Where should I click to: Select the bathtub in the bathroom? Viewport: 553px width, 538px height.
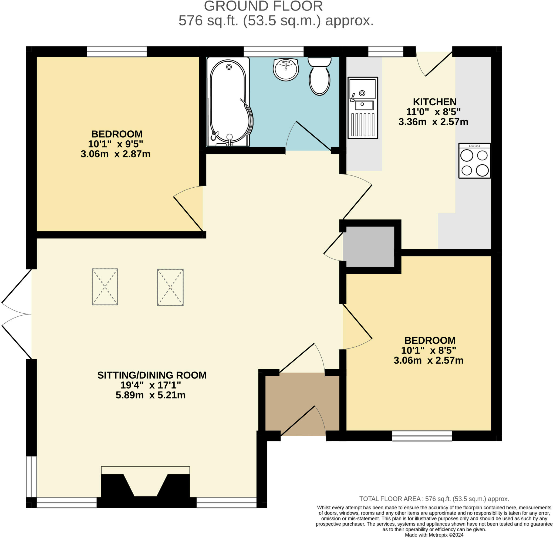point(229,102)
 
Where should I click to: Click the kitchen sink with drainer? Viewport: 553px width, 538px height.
point(363,108)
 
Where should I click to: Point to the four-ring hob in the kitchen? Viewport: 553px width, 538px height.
point(474,161)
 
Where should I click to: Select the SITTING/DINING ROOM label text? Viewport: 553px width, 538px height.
point(152,375)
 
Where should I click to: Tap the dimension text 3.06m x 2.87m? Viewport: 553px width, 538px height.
point(115,154)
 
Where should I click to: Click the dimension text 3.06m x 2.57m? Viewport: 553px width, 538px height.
point(428,360)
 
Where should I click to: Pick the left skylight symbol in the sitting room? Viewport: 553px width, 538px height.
point(105,287)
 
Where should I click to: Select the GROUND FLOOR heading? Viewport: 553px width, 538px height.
point(263,6)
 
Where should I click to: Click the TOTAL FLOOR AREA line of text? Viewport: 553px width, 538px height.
point(434,499)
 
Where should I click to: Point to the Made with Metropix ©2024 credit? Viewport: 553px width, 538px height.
point(434,535)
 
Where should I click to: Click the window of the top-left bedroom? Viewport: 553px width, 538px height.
point(116,52)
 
